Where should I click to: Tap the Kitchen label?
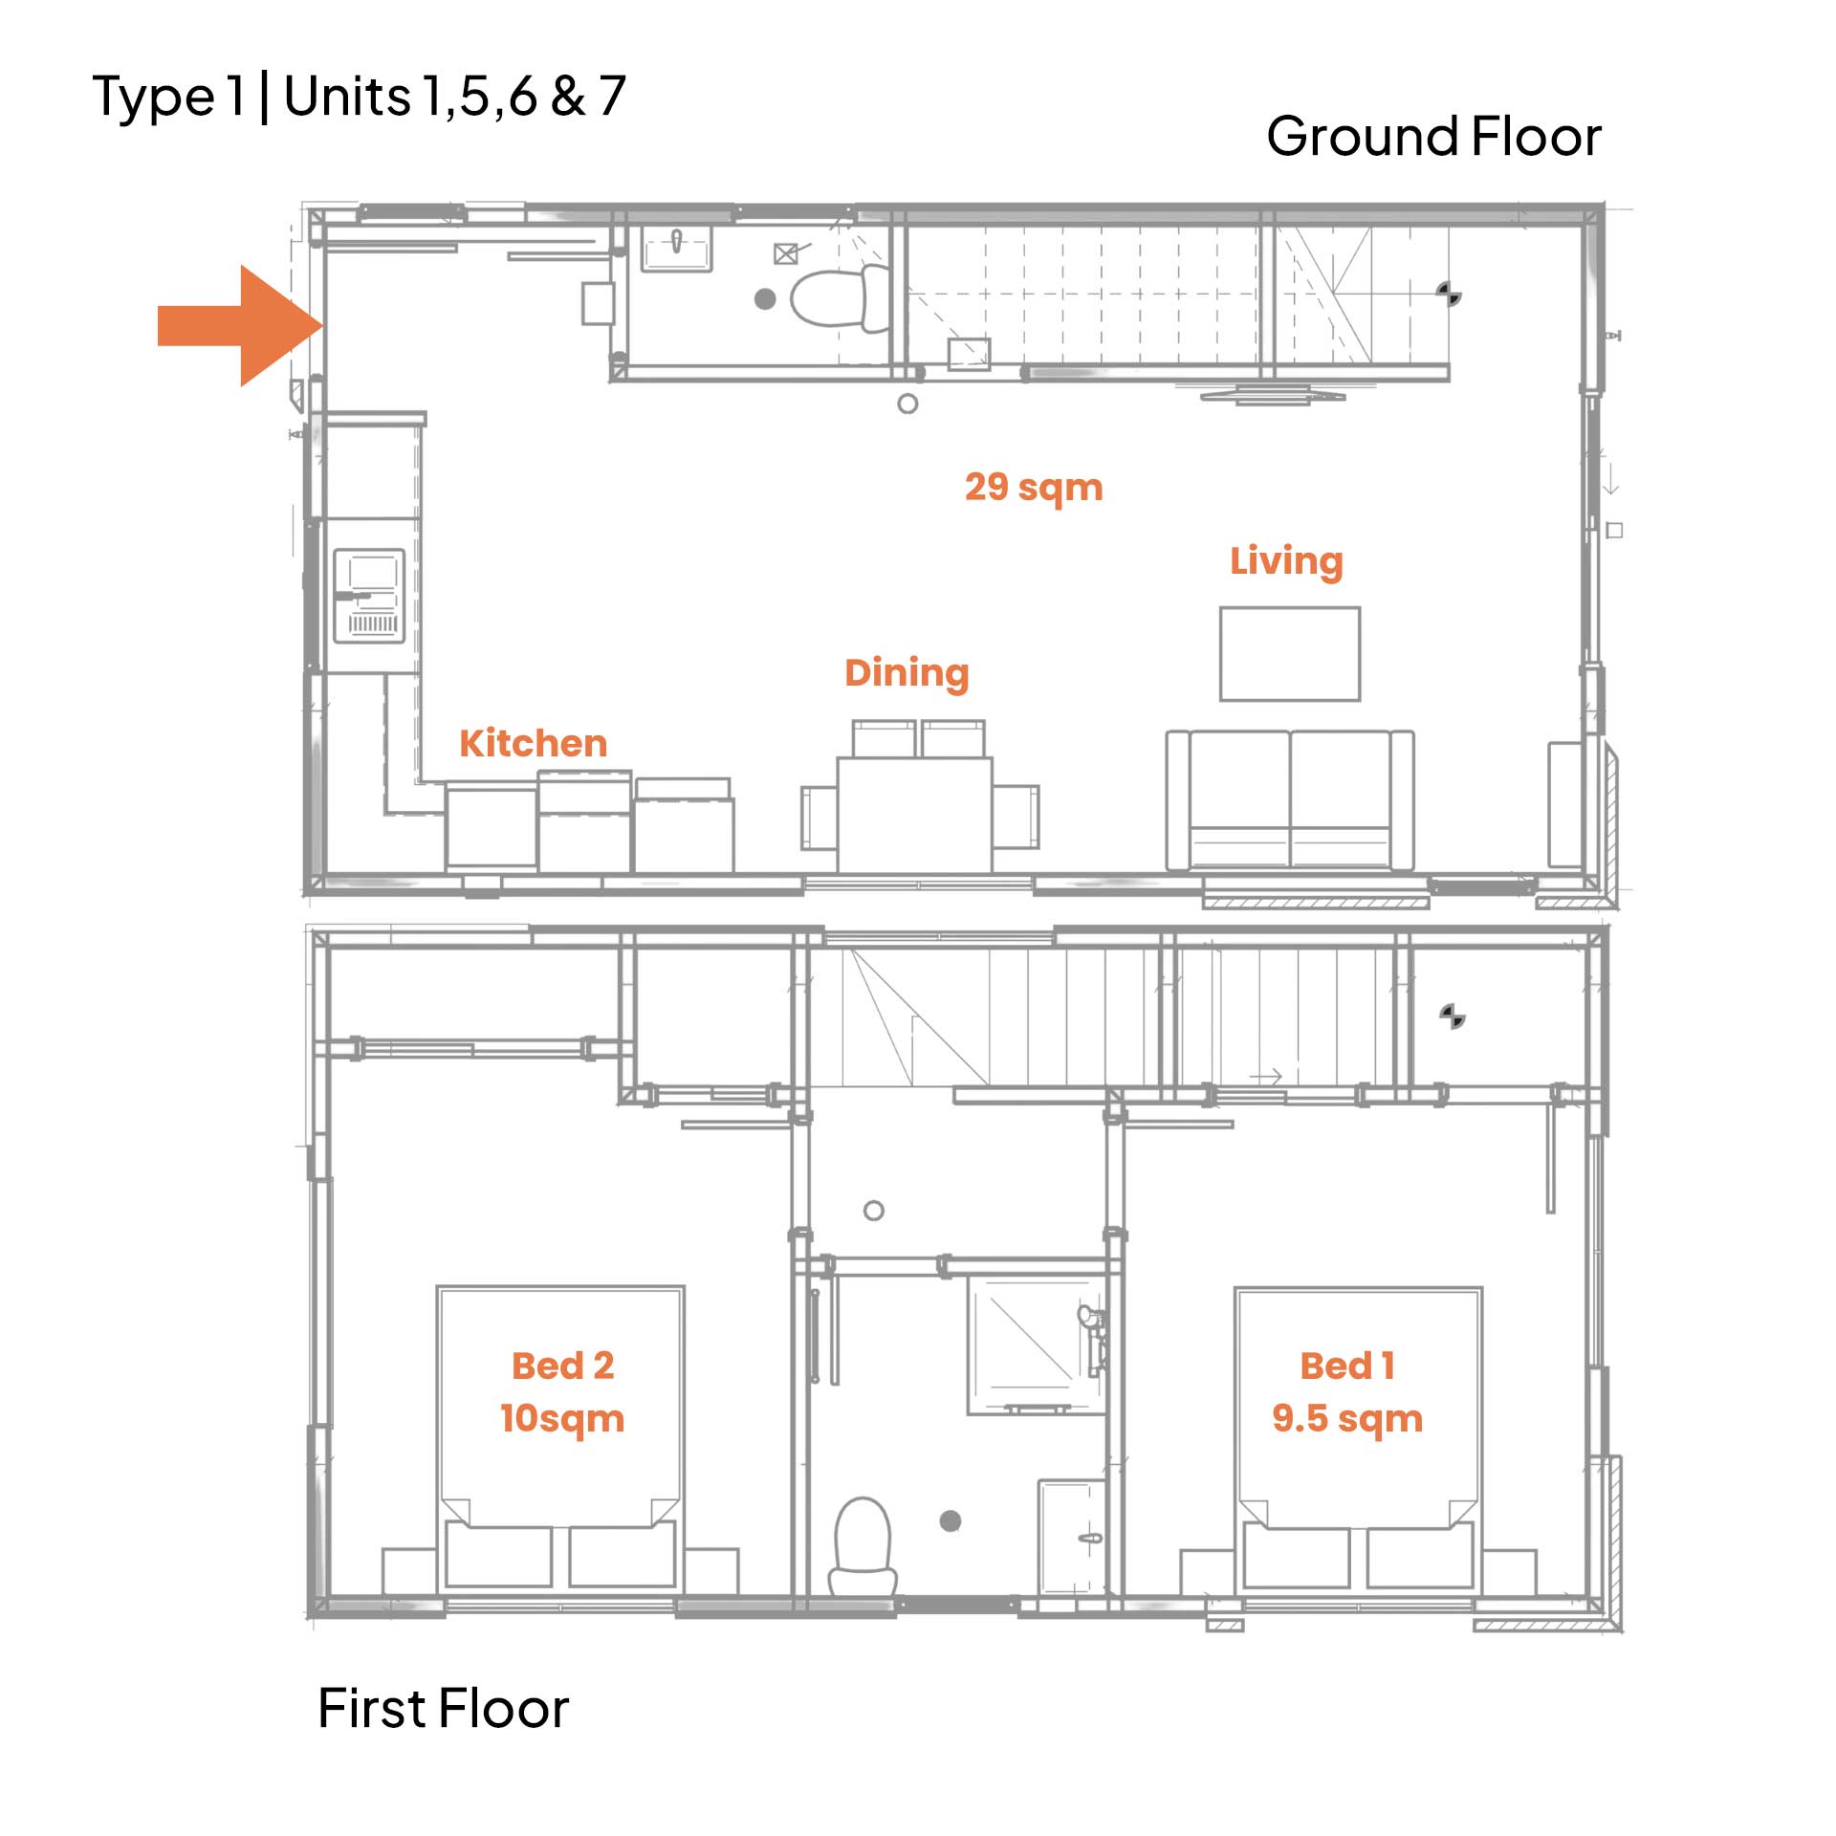533,743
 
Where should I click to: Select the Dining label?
907,673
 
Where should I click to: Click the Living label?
1286,561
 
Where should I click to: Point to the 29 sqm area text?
1034,488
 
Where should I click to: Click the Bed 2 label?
562,1366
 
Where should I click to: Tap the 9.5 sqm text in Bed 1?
1347,1419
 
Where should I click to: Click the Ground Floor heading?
1433,136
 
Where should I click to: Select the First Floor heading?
443,1708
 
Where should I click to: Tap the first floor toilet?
863,1546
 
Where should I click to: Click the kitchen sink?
369,595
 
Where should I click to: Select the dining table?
914,814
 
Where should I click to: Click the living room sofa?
1290,800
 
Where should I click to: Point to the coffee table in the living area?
1290,654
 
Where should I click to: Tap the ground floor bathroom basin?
677,249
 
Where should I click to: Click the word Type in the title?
155,99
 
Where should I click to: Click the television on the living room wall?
1273,393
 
